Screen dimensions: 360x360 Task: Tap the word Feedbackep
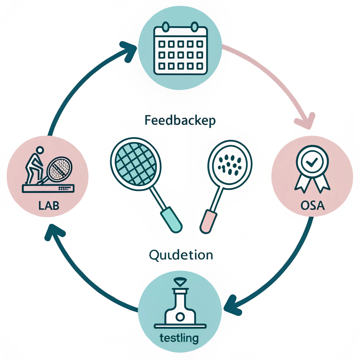click(180, 120)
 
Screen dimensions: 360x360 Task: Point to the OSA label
click(313, 205)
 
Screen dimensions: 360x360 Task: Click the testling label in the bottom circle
click(179, 338)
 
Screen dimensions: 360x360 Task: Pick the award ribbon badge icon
click(313, 169)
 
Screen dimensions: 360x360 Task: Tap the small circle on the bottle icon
click(180, 317)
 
